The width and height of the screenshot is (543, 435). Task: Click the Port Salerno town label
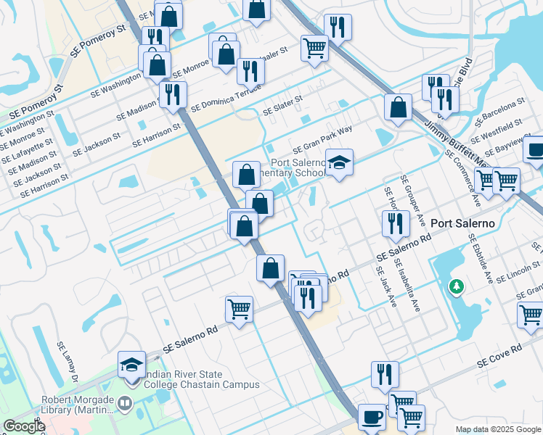tap(463, 223)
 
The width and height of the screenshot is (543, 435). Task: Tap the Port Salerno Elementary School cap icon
tap(338, 162)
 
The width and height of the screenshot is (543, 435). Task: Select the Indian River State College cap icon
tap(131, 365)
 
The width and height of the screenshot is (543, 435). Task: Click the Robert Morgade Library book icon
tap(128, 402)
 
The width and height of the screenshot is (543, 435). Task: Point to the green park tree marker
tap(456, 286)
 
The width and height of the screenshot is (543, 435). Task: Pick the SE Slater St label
tap(282, 107)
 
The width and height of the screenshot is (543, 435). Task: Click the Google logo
tap(25, 426)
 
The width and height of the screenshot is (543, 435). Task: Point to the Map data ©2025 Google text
tap(498, 429)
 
